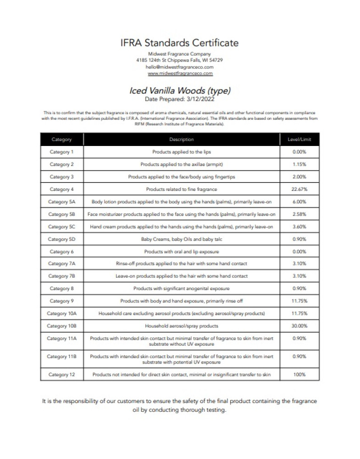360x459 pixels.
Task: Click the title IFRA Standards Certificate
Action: pos(180,43)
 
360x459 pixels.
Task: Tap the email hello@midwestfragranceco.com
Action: pos(180,67)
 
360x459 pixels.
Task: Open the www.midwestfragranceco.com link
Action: pos(180,73)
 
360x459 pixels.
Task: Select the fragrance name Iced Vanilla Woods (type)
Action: pos(180,90)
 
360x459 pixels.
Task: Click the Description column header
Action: pos(182,140)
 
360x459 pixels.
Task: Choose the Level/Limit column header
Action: pos(299,140)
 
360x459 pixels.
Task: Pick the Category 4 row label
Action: pos(61,189)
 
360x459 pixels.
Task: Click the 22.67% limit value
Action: pos(299,189)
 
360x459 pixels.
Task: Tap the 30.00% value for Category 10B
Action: pos(299,326)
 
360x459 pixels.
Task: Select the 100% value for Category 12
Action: pos(299,375)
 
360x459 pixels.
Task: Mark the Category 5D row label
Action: pos(61,239)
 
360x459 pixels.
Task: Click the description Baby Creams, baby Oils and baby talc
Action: pos(182,239)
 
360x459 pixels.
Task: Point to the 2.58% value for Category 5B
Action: pos(299,214)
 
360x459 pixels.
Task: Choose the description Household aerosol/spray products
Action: pos(182,326)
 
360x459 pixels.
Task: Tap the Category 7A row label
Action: pos(61,263)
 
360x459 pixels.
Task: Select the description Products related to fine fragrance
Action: pos(182,189)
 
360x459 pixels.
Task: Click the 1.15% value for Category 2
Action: pos(299,164)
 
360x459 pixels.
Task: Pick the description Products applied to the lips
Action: pos(182,151)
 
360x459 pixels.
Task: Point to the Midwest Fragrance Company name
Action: pos(180,54)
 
